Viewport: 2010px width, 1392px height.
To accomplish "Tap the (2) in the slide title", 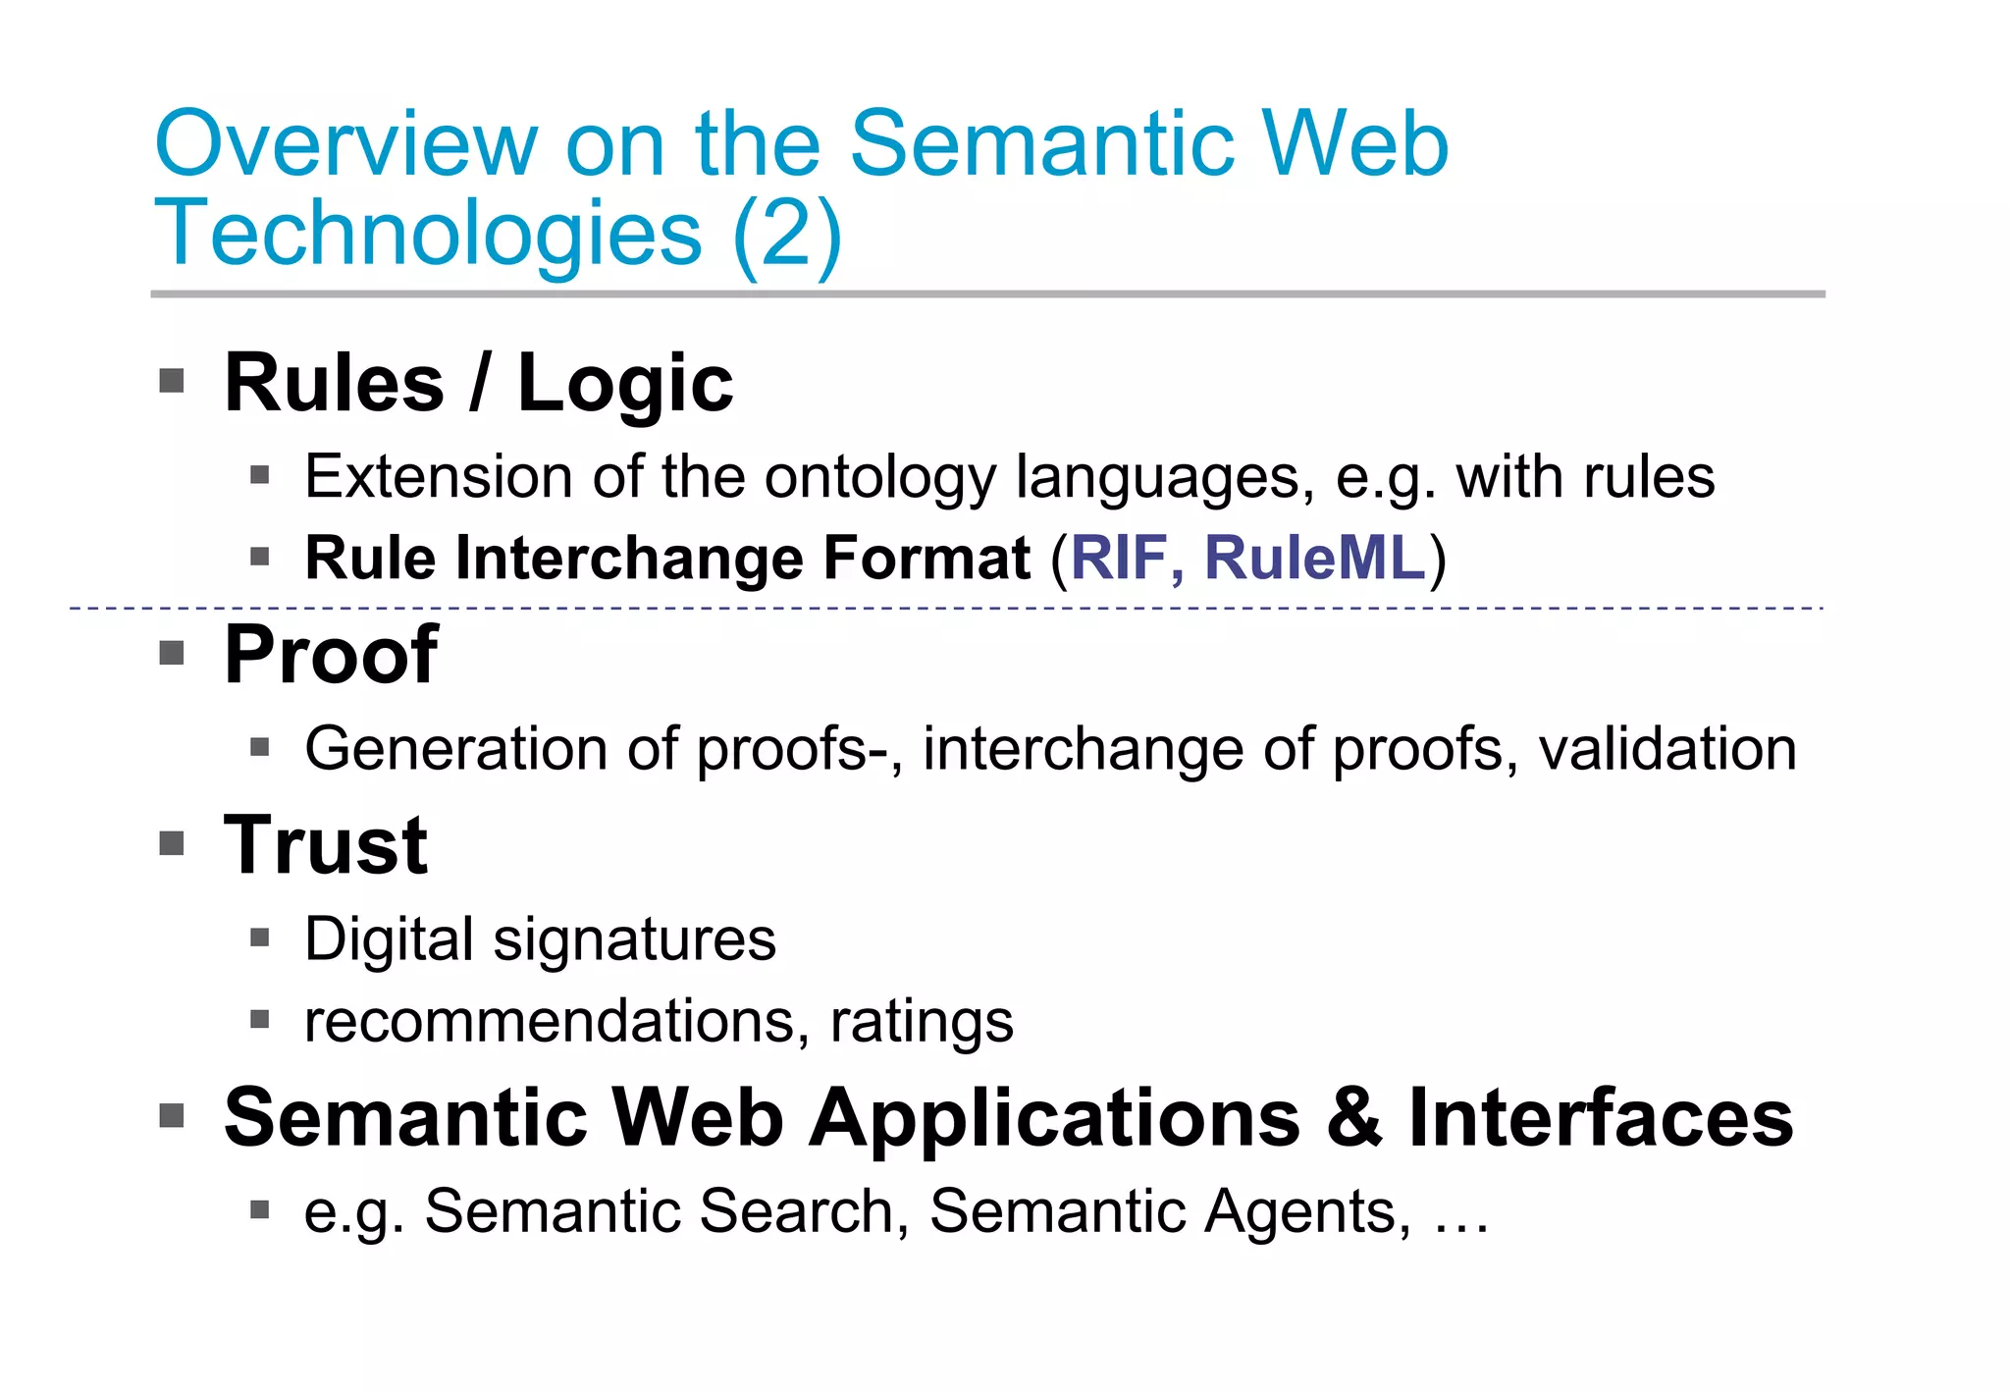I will click(786, 233).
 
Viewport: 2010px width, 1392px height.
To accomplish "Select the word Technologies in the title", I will click(428, 233).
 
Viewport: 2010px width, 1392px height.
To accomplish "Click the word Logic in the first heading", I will click(625, 384).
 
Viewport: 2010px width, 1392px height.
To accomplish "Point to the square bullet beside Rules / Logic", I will click(172, 380).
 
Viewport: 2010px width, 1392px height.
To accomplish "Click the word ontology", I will click(880, 478).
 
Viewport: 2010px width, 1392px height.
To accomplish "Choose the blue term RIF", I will click(1117, 558).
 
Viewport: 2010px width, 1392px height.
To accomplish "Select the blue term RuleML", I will click(1314, 558).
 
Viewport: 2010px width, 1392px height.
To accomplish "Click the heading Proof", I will click(331, 655).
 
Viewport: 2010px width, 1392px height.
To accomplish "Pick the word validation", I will click(1667, 749).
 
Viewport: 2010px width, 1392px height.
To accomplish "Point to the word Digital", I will click(390, 939).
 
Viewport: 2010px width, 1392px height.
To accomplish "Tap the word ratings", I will click(922, 1023).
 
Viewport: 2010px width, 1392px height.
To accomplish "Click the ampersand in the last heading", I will click(1353, 1118).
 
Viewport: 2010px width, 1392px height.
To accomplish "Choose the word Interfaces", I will click(1601, 1118).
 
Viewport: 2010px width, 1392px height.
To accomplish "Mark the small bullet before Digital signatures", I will click(259, 937).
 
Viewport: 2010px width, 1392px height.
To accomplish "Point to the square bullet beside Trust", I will click(172, 843).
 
